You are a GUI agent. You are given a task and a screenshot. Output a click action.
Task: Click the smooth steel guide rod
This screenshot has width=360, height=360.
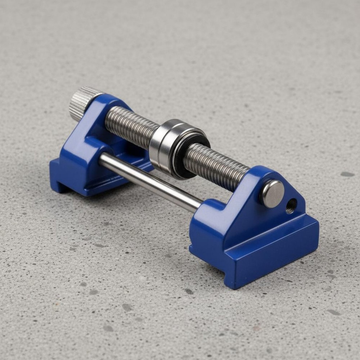pos(151,182)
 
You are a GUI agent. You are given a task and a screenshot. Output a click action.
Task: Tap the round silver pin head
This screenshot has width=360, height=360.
pos(272,194)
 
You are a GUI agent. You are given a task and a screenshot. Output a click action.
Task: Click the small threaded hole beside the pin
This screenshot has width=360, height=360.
pos(291,206)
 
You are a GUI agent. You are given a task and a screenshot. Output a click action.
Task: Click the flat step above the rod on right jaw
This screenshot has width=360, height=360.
pos(212,214)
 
